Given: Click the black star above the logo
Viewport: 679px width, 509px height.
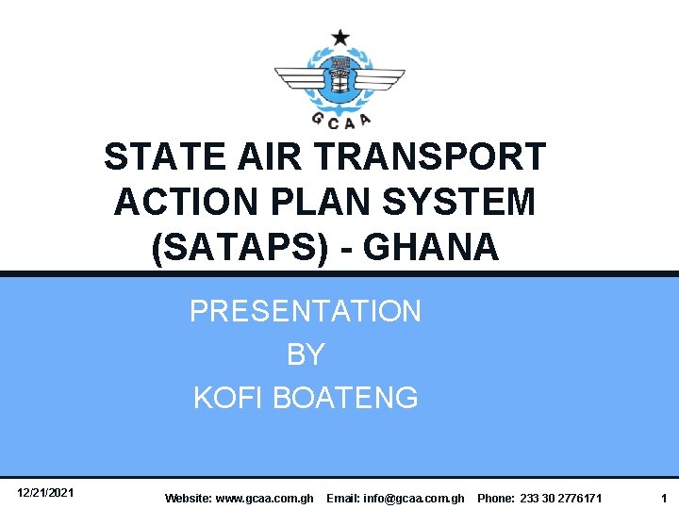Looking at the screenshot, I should (339, 38).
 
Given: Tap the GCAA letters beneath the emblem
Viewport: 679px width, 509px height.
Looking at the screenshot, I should (340, 118).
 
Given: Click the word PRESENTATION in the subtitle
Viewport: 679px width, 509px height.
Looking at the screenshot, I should (306, 311).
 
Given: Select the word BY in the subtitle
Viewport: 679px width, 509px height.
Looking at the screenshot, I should (306, 354).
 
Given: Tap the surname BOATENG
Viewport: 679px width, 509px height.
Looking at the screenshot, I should (345, 398).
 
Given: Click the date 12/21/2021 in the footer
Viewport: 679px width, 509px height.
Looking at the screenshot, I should (46, 493).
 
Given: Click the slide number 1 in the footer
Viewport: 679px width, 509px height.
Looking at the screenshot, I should (664, 497).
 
